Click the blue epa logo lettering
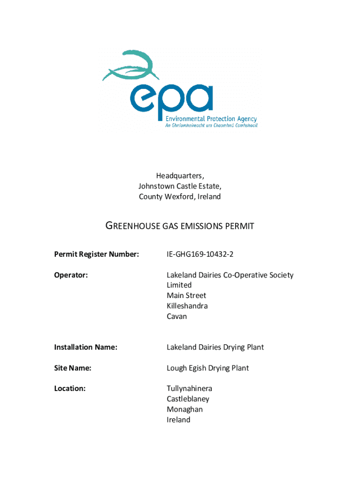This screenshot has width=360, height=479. pos(172,99)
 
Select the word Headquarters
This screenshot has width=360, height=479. pos(180,176)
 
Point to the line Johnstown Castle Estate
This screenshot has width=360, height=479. pos(180,186)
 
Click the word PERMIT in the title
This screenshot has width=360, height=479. pos(239,226)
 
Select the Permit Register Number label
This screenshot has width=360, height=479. pos(96,254)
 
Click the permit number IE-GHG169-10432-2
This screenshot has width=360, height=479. pos(200,254)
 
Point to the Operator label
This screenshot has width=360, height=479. pos(71,275)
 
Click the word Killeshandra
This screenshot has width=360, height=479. pos(187,306)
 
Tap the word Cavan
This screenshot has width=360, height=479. pos(177,316)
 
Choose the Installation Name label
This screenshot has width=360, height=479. pos(86,347)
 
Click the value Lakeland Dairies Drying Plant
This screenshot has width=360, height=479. pos(215,347)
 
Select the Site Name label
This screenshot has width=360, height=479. pos(72,368)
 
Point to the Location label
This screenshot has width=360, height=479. pos(70,388)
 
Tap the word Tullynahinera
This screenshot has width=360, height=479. pos(189,388)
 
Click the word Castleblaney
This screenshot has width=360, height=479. pos(188,399)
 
